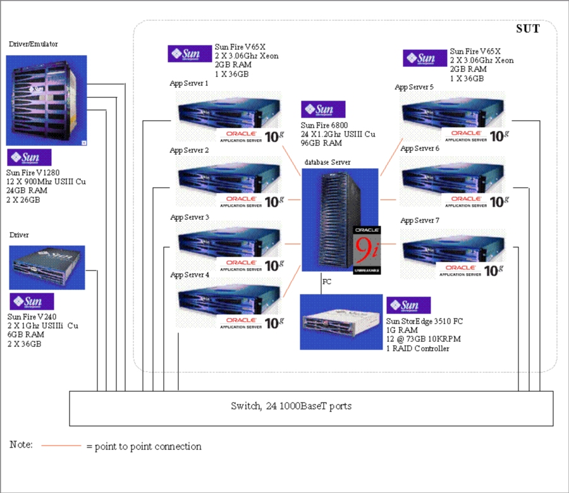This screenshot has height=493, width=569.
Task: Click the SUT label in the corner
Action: pyautogui.click(x=528, y=29)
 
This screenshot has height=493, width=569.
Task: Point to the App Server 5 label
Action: pyautogui.click(x=414, y=87)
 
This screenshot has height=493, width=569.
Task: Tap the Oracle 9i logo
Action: pyautogui.click(x=367, y=250)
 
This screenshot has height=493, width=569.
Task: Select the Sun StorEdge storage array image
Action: pyautogui.click(x=341, y=322)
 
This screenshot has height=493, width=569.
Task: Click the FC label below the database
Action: pyautogui.click(x=326, y=281)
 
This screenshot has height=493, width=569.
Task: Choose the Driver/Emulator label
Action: pyautogui.click(x=34, y=44)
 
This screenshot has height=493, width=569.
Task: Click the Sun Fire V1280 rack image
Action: pyautogui.click(x=46, y=100)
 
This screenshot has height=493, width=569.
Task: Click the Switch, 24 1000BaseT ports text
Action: pyautogui.click(x=291, y=406)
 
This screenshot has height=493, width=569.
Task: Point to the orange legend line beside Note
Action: pyautogui.click(x=61, y=446)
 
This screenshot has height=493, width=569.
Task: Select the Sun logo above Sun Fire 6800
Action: pyautogui.click(x=323, y=110)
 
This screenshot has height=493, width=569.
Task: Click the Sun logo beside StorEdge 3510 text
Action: pyautogui.click(x=408, y=306)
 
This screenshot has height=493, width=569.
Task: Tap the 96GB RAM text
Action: pyautogui.click(x=322, y=143)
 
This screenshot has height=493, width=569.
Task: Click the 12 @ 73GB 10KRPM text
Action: pyautogui.click(x=423, y=339)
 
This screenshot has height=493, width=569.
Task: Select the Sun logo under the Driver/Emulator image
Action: pyautogui.click(x=29, y=157)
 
